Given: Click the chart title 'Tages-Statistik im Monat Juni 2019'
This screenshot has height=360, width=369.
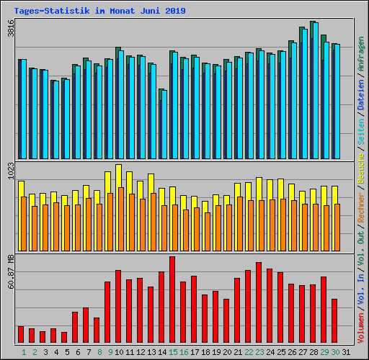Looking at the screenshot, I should pyautogui.click(x=99, y=11).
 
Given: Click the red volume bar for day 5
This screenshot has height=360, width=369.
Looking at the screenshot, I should pyautogui.click(x=64, y=337).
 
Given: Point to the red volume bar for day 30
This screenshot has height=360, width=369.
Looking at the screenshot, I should pyautogui.click(x=334, y=320).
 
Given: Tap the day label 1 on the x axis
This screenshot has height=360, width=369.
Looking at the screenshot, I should pyautogui.click(x=24, y=351).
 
